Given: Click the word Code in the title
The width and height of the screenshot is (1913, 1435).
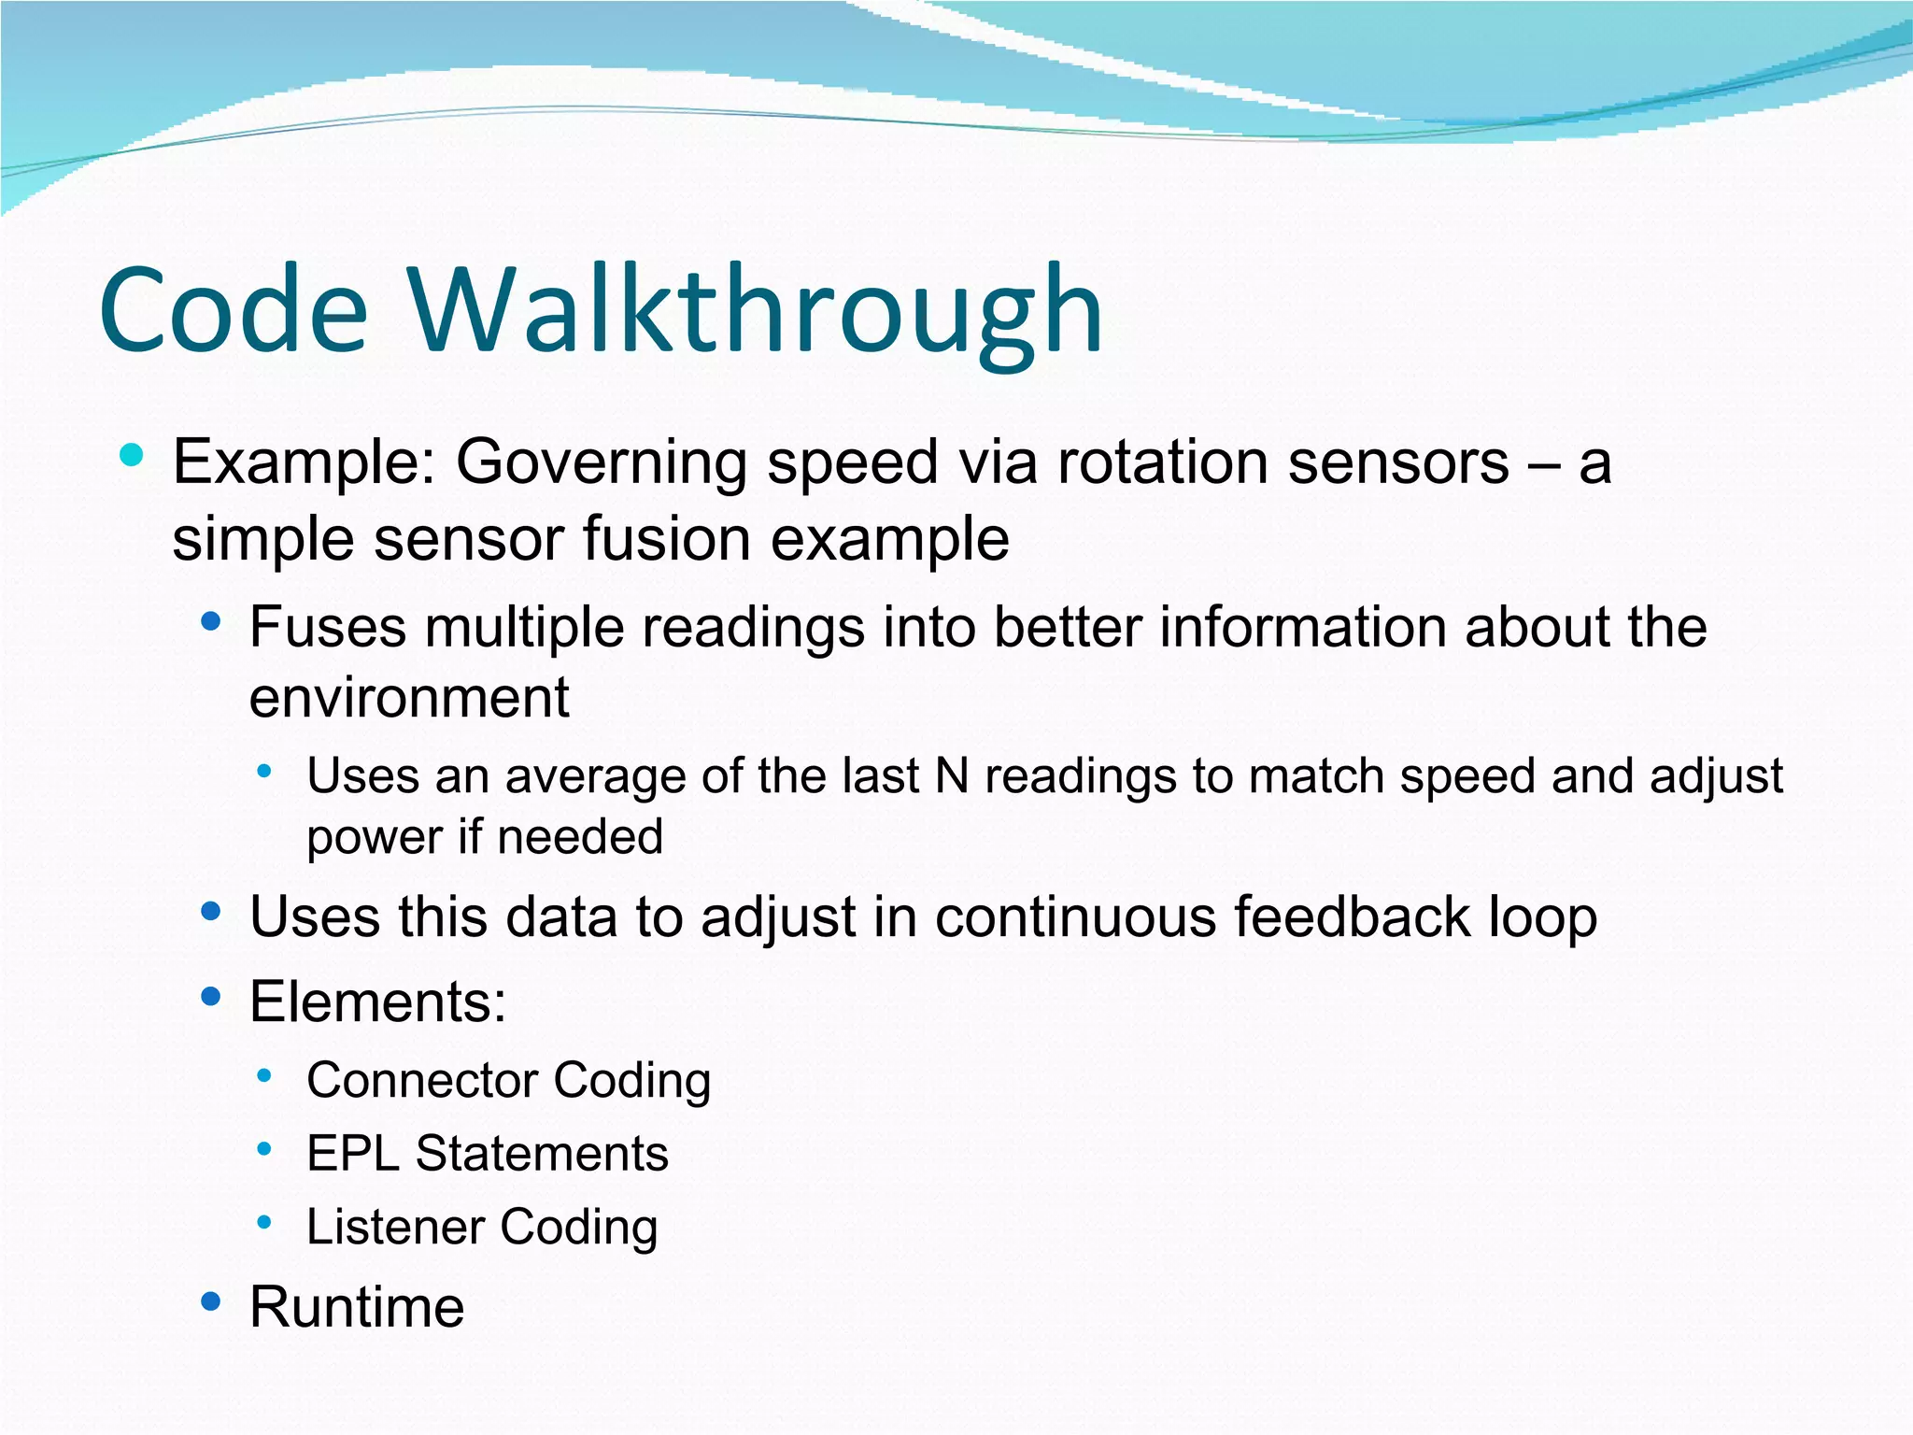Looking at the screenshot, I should point(234,310).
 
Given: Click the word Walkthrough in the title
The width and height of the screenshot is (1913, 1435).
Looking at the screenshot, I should point(755,310).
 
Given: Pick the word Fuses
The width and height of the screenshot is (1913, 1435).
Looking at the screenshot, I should point(328,627).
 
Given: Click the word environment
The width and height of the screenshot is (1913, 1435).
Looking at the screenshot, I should point(409,698).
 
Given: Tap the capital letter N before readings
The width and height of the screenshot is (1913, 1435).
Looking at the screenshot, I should point(952,776).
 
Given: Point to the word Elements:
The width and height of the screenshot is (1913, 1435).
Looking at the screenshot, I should point(377,1002).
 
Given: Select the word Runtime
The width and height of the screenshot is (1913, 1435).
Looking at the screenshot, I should point(357,1307).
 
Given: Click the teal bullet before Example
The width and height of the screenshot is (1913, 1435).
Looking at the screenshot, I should point(132,456).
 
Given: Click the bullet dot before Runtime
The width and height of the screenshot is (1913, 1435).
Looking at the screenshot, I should point(211,1301).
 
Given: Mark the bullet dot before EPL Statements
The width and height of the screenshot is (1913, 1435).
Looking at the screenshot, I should point(264,1149).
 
